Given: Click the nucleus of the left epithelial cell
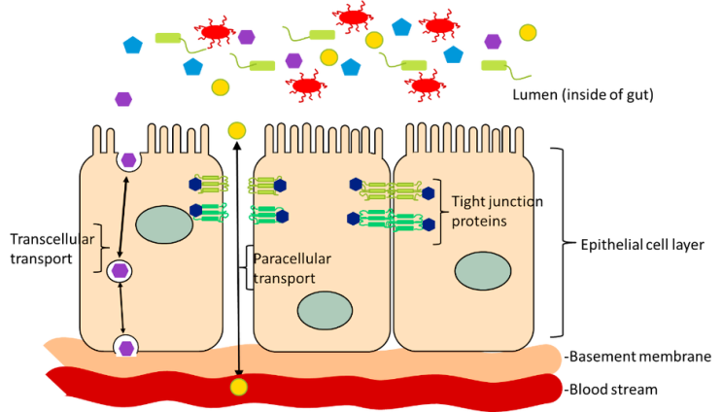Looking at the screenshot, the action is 164,224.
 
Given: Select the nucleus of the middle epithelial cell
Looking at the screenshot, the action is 326,310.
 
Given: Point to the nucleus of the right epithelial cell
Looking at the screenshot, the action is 483,271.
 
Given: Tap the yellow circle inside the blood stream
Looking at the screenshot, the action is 238,387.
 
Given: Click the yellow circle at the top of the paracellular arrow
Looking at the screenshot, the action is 237,131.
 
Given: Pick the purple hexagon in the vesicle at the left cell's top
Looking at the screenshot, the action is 128,160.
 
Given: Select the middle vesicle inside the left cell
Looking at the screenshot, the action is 120,271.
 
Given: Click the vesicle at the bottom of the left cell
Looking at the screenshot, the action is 125,347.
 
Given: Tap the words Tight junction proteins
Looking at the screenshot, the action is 497,211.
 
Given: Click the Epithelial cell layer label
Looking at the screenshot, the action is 642,245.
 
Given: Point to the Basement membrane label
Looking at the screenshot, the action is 638,357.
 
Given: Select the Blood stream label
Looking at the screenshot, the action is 611,390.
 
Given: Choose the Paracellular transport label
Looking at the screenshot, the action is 292,268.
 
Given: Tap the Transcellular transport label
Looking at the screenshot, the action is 52,249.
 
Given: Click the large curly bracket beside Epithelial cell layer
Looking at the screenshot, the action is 564,243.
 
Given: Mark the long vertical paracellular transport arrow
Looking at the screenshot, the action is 238,259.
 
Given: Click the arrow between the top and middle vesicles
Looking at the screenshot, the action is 123,217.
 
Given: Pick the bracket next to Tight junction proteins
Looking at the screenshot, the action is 440,212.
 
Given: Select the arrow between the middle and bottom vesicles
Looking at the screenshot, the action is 121,308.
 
